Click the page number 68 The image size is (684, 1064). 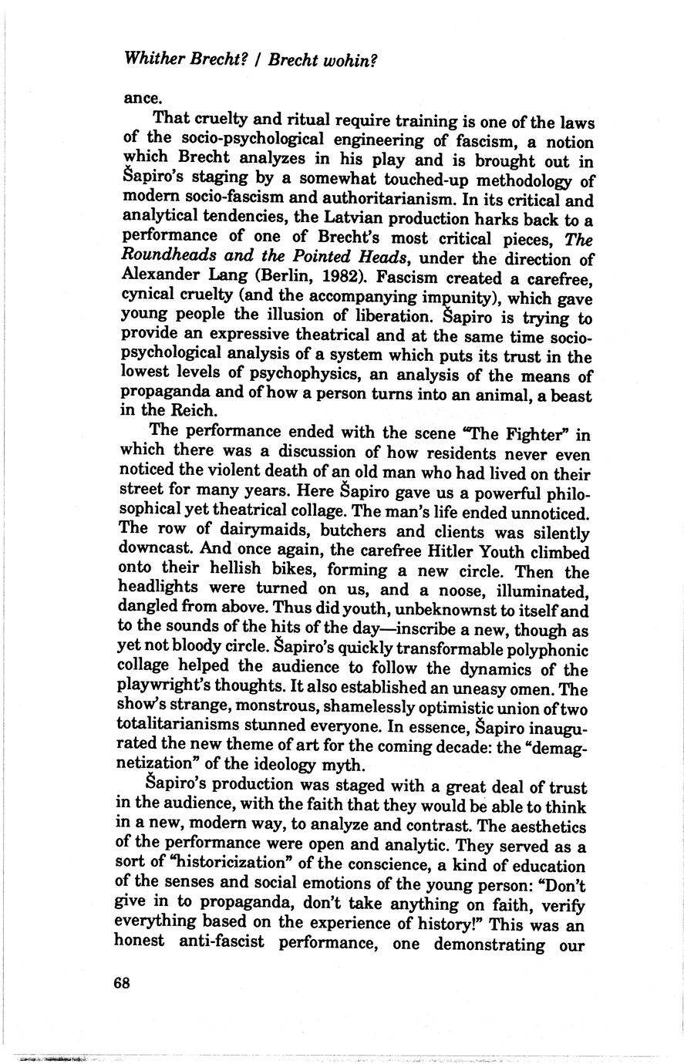click(x=122, y=983)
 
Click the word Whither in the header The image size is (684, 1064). click(x=153, y=59)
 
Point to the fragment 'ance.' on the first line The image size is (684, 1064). click(x=140, y=99)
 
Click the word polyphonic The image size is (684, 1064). click(x=547, y=650)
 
